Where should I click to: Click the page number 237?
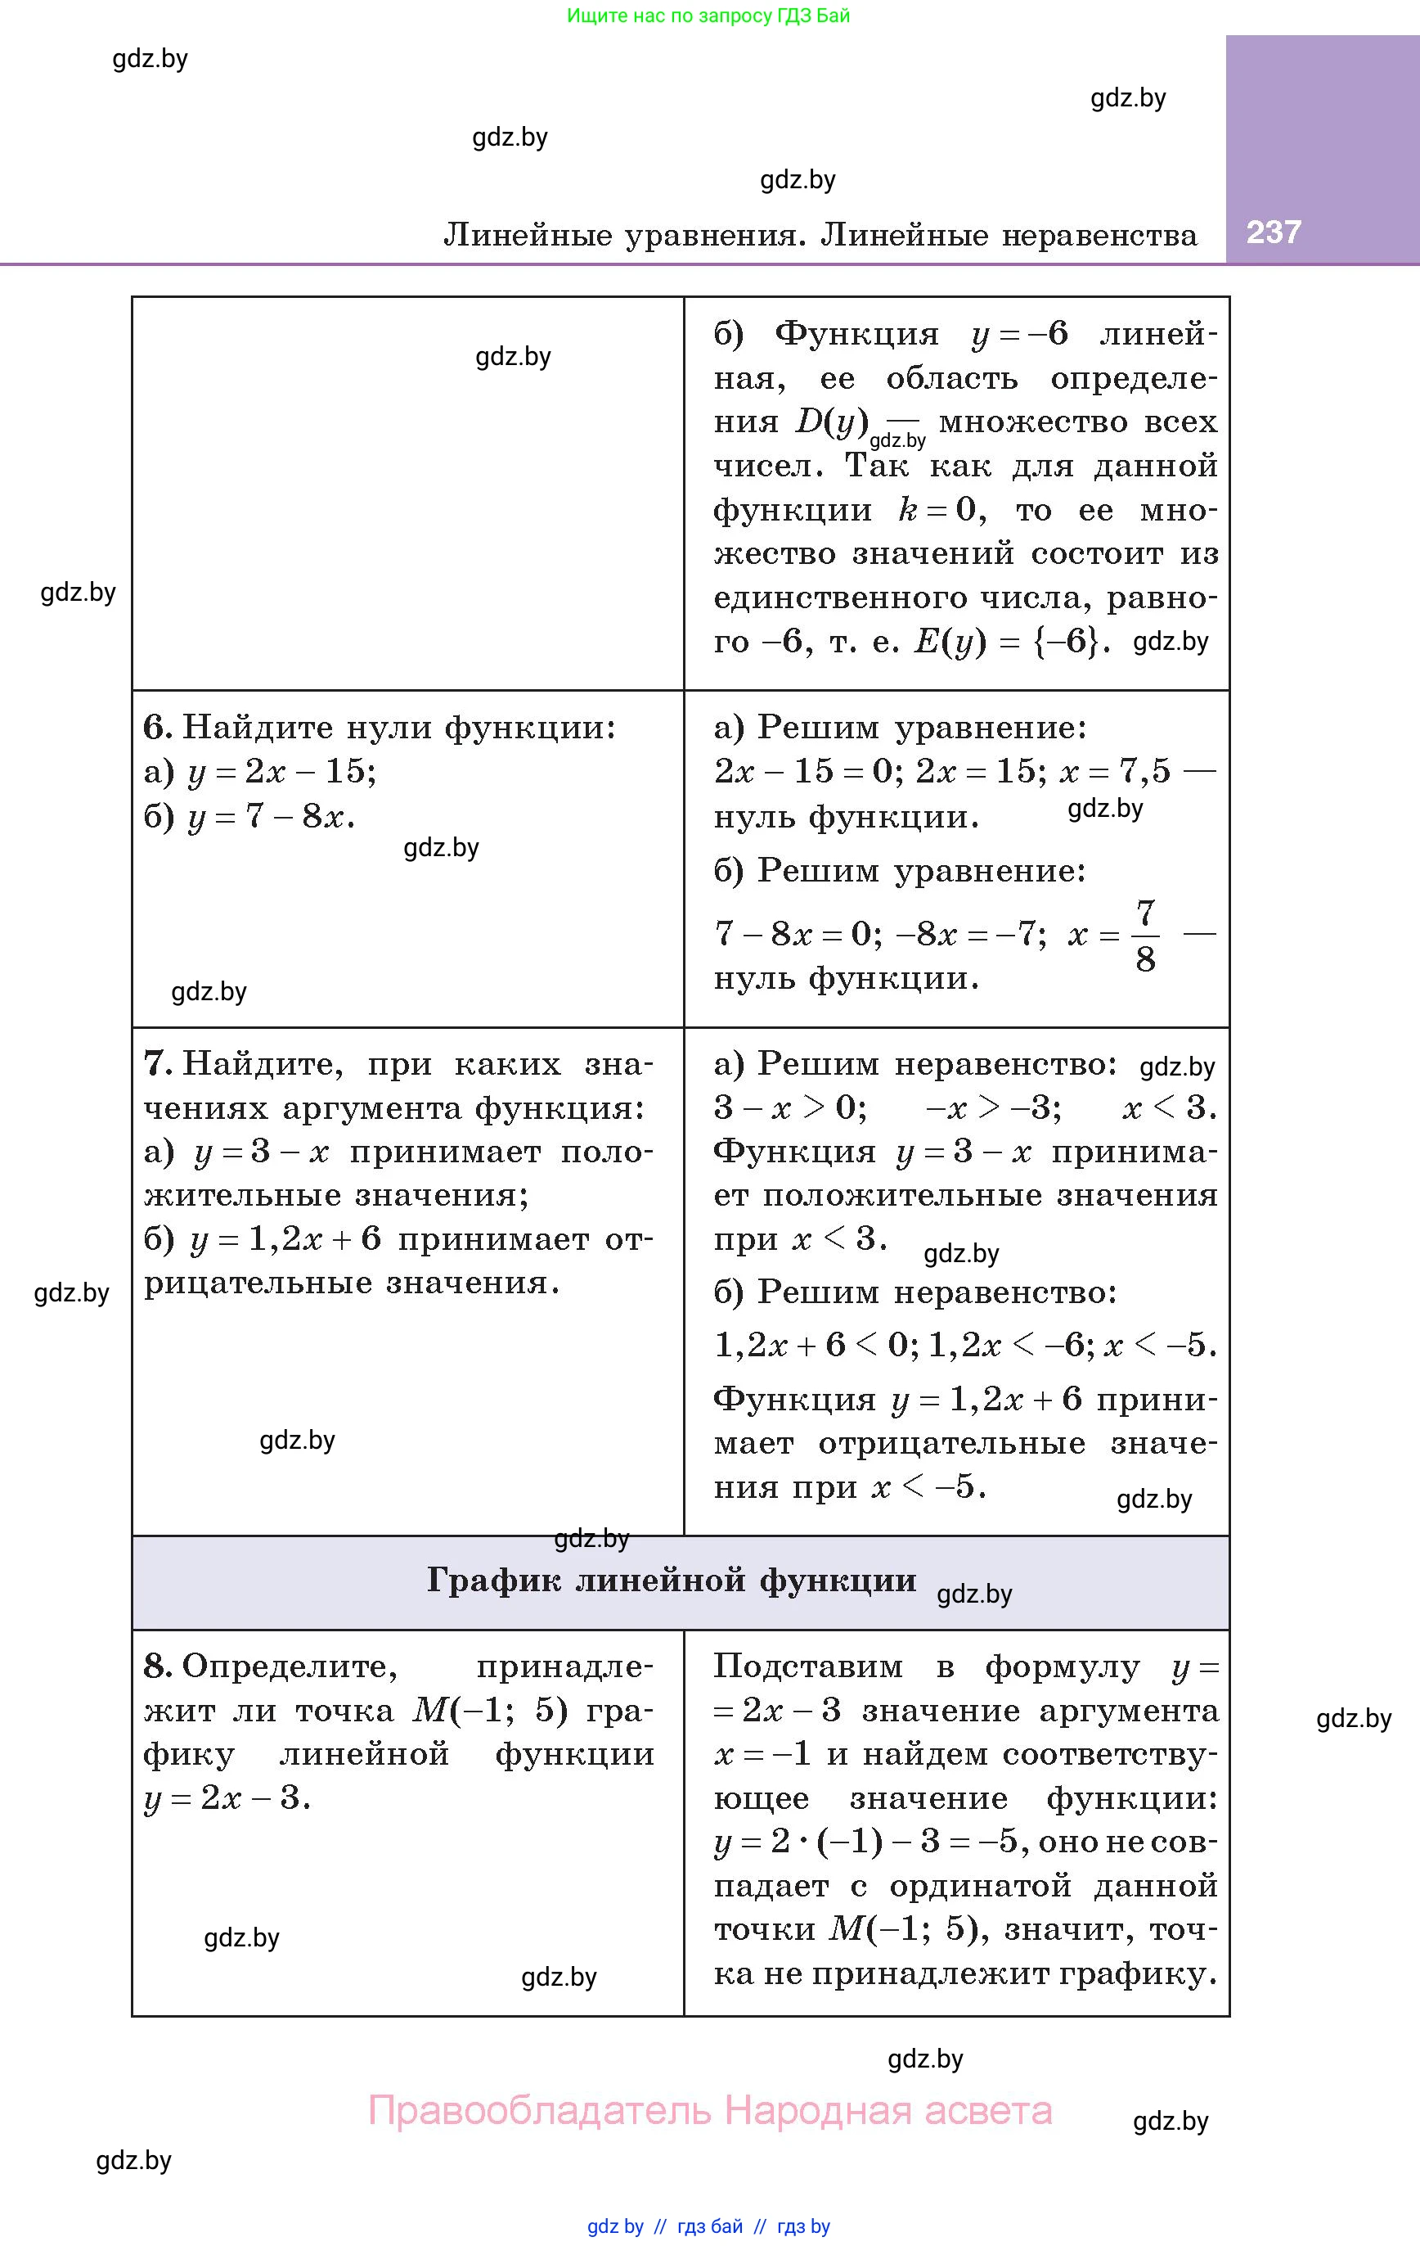pyautogui.click(x=1273, y=232)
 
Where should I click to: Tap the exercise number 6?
pyautogui.click(x=155, y=728)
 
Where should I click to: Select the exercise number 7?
pyautogui.click(x=155, y=1064)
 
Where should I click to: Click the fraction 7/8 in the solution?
pyautogui.click(x=1145, y=936)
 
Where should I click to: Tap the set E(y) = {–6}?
pyautogui.click(x=1013, y=642)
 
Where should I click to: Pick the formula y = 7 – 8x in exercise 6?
pyautogui.click(x=271, y=817)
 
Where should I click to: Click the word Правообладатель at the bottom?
pyautogui.click(x=541, y=2111)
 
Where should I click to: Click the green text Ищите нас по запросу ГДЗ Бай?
pyautogui.click(x=708, y=16)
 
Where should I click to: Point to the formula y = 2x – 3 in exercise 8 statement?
pyautogui.click(x=227, y=1798)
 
